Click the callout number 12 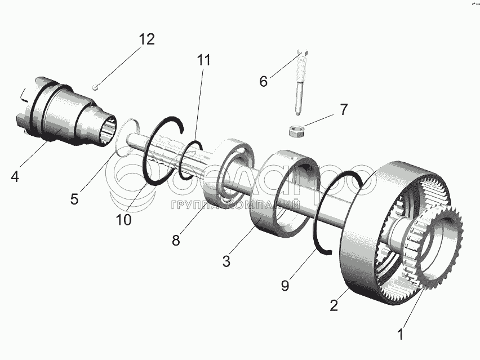[146, 40]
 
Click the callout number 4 [15, 176]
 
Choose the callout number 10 [124, 219]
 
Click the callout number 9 [285, 285]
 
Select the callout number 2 [334, 306]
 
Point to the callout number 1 [400, 334]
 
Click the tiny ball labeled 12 [96, 86]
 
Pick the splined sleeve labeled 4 [62, 115]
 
